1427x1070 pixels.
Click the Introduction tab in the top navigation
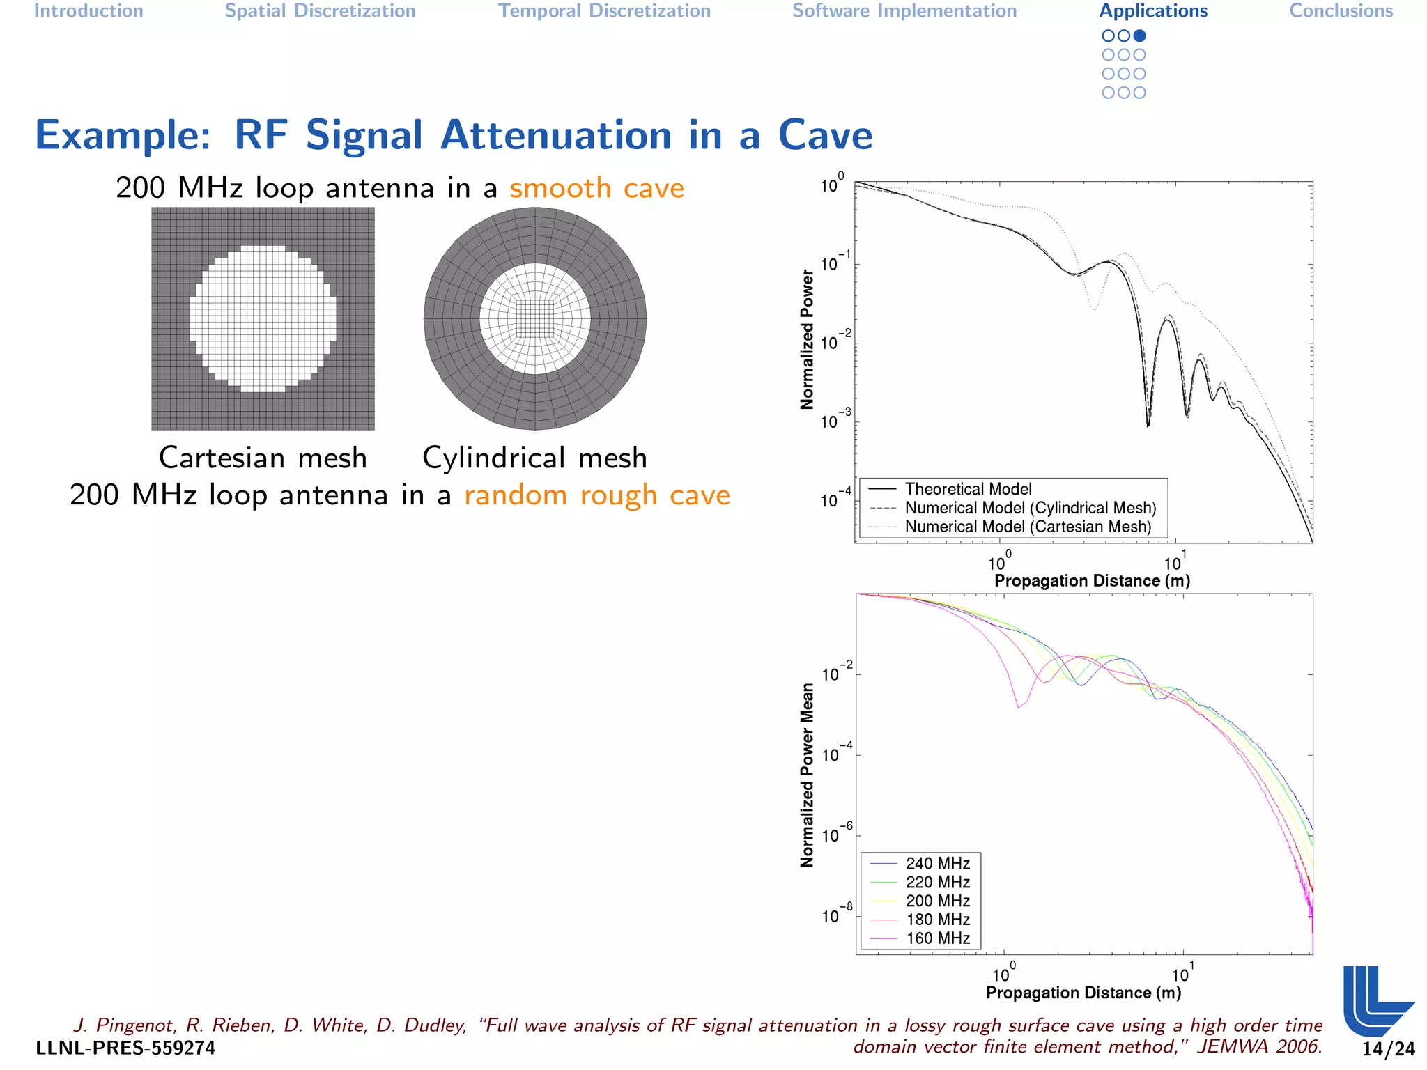pos(88,11)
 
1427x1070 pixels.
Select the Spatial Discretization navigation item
pos(320,11)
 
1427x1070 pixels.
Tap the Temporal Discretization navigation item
pos(604,11)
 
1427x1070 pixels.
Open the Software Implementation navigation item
pos(904,11)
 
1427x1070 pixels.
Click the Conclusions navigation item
pos(1341,11)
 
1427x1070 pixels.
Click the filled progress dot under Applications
pos(1139,36)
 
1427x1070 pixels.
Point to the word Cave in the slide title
pos(825,135)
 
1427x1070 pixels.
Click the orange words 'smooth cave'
pos(596,188)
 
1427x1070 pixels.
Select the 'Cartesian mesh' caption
pos(263,458)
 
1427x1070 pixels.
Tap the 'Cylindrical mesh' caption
pos(534,458)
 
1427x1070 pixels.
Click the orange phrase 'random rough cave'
pos(597,495)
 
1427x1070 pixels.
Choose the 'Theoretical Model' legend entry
pos(968,489)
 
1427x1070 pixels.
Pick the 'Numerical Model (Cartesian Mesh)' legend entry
pos(1028,527)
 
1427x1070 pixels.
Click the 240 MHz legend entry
pos(937,863)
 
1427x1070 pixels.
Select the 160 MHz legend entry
pos(937,938)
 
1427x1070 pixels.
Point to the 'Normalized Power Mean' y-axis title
pos(807,775)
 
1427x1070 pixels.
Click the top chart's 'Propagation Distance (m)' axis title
pos(1091,581)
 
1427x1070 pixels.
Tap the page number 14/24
pos(1389,1049)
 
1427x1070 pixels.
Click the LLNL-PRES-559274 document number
pos(125,1048)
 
